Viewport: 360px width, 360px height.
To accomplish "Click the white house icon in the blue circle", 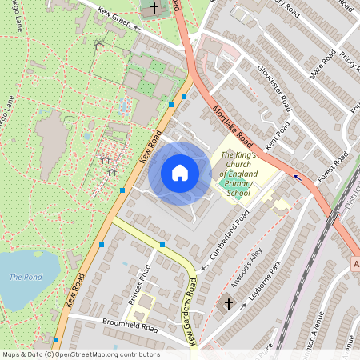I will [180, 173].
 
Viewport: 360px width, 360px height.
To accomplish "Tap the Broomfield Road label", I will [130, 326].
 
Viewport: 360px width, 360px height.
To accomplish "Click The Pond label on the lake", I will [24, 277].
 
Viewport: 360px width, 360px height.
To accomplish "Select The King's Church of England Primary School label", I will [238, 174].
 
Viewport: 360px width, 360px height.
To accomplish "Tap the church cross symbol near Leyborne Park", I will [228, 304].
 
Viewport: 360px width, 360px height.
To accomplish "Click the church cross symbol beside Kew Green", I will [154, 9].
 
